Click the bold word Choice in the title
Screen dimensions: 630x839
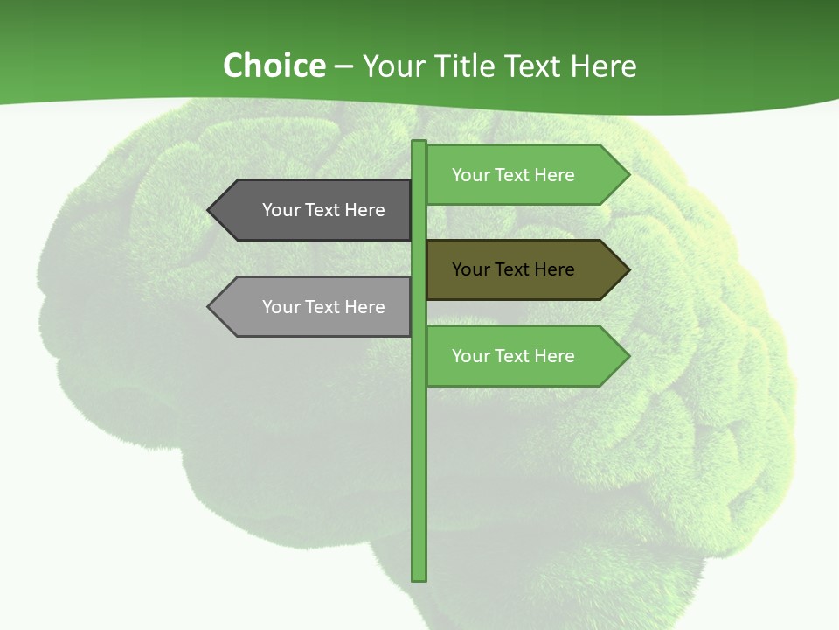pyautogui.click(x=274, y=66)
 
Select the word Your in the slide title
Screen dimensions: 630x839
pyautogui.click(x=392, y=66)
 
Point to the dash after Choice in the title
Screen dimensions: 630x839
pyautogui.click(x=343, y=67)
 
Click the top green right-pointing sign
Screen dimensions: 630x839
pyautogui.click(x=524, y=175)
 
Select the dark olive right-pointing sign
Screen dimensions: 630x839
pyautogui.click(x=524, y=269)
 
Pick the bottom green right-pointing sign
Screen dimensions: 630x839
pyautogui.click(x=524, y=356)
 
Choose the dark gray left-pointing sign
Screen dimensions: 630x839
pyautogui.click(x=315, y=210)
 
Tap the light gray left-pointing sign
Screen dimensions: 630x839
pyautogui.click(x=315, y=307)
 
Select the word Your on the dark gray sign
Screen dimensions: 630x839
pyautogui.click(x=281, y=210)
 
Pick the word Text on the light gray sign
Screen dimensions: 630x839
pyautogui.click(x=323, y=307)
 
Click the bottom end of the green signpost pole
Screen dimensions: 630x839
pyautogui.click(x=419, y=577)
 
